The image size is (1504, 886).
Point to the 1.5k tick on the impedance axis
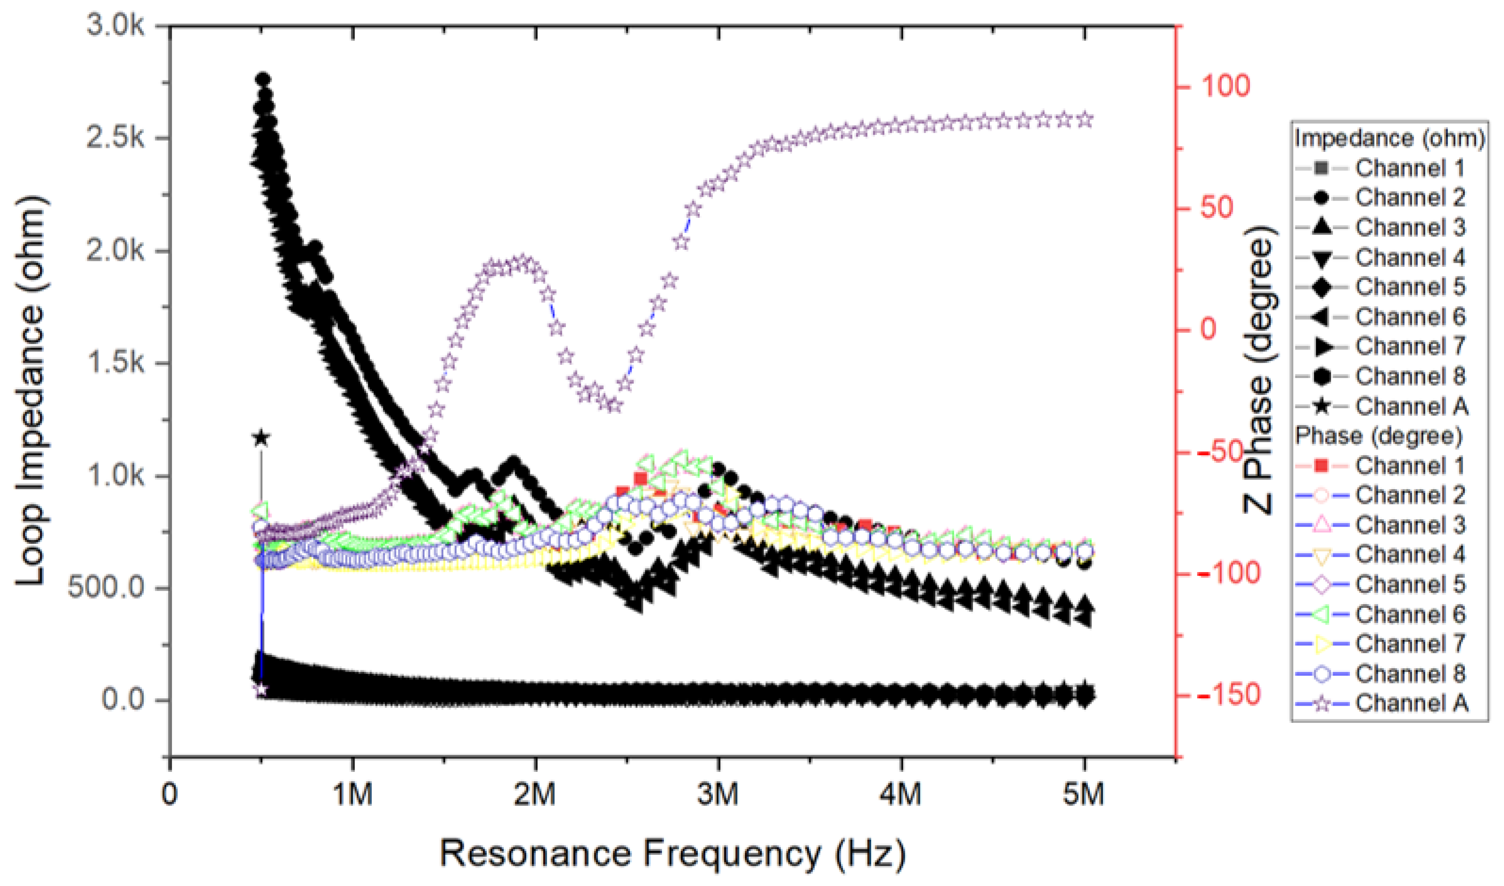click(115, 362)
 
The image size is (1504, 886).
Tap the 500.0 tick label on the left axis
click(106, 587)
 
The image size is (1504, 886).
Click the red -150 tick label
click(1226, 696)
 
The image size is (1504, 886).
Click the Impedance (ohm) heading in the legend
click(1390, 139)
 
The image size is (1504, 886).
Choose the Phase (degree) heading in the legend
click(1379, 436)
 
